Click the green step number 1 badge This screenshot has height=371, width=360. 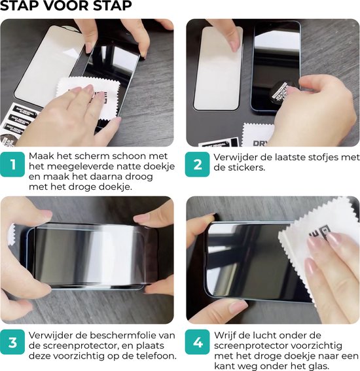(x=12, y=164)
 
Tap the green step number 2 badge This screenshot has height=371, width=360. (x=198, y=164)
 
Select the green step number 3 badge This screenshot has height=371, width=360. (x=12, y=342)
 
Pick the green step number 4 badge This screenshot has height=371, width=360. (x=198, y=342)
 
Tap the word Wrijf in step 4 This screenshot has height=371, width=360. (x=225, y=335)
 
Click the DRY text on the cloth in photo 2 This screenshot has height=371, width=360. (x=261, y=143)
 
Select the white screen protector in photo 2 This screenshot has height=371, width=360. (x=218, y=69)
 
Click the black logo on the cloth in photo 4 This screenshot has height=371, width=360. (x=319, y=232)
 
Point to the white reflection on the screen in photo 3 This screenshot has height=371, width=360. (x=108, y=256)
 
